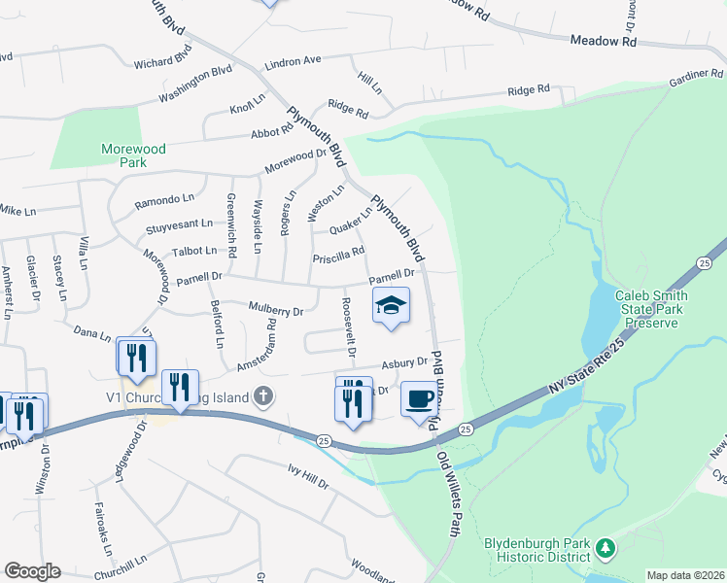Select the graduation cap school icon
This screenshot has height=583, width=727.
tap(390, 306)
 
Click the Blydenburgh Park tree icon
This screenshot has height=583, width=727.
tap(606, 549)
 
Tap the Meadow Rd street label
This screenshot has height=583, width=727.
tap(603, 42)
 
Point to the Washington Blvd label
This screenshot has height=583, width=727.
tap(195, 84)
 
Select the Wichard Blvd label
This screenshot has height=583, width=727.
tap(164, 62)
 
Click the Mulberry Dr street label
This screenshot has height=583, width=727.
tap(277, 311)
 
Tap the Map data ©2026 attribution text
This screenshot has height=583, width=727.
tap(685, 575)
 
